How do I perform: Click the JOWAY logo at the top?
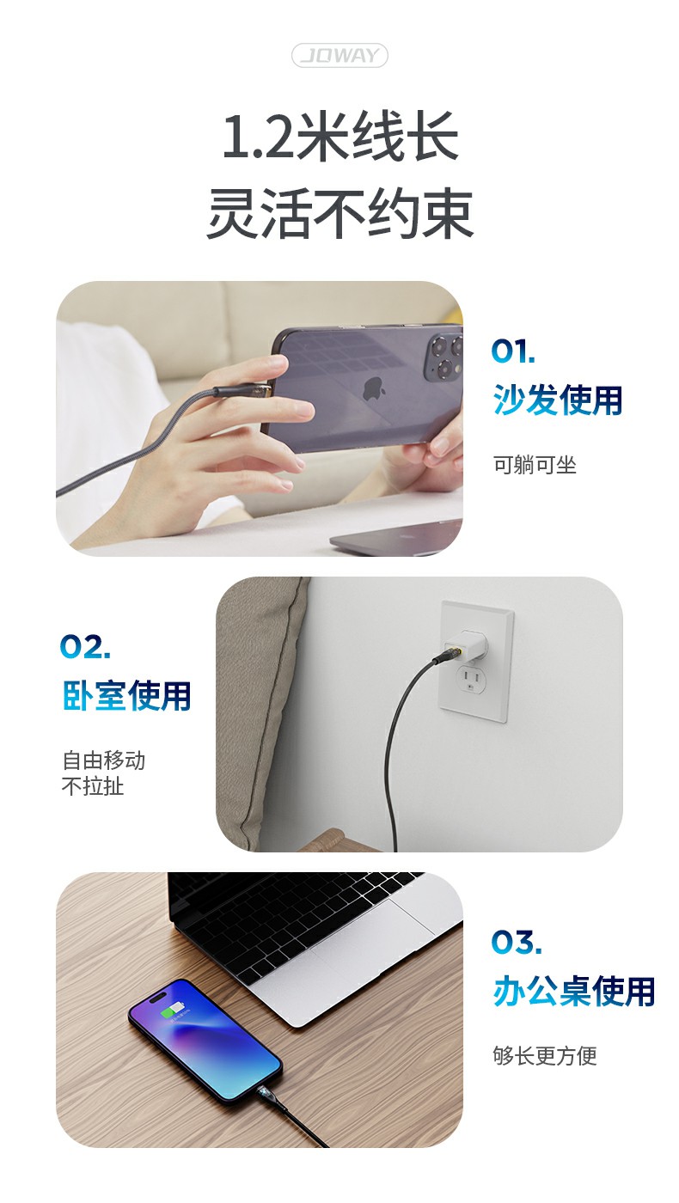(339, 55)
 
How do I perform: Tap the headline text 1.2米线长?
(340, 137)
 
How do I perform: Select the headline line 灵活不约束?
(339, 214)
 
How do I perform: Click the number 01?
(513, 351)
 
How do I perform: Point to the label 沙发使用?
(558, 400)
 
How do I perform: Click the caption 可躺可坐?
(535, 465)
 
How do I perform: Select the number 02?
(85, 646)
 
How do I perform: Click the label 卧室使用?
(127, 695)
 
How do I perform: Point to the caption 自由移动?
(104, 760)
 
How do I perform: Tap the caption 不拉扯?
(93, 786)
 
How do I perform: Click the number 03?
(517, 942)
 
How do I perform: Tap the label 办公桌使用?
(574, 991)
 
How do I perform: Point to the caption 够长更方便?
(545, 1055)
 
